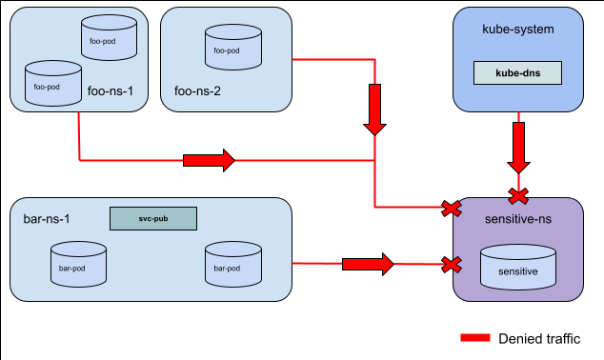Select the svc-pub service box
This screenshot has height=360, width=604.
152,218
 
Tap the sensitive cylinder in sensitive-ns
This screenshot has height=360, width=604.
518,268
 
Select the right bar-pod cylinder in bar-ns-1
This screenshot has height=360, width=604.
233,264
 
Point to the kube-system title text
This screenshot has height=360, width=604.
517,30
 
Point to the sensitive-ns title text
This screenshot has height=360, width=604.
518,219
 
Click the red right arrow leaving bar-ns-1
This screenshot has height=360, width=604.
367,263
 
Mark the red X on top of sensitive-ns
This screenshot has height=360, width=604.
518,196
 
